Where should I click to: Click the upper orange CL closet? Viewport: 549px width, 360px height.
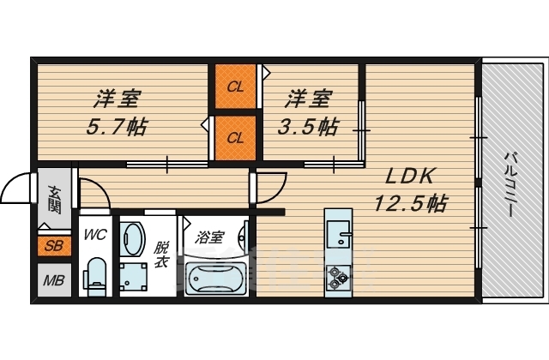pos(234,86)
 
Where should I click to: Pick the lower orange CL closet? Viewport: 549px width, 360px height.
pos(234,136)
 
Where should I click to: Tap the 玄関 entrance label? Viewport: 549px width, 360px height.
pos(54,199)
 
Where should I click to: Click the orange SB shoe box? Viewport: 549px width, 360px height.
pos(53,247)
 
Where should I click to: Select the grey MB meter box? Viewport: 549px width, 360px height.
pos(53,279)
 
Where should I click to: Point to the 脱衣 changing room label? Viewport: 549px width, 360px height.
pos(160,255)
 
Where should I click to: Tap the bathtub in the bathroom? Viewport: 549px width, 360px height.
pos(214,277)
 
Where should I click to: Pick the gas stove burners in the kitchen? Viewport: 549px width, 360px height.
pos(336,275)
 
